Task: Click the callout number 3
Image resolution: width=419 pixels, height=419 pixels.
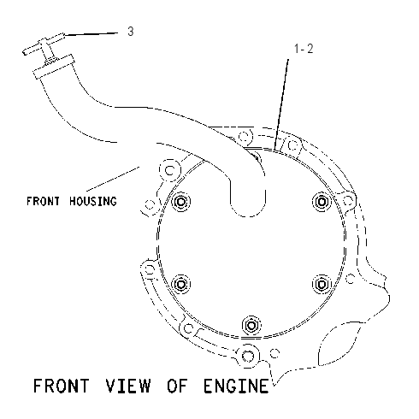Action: click(x=131, y=32)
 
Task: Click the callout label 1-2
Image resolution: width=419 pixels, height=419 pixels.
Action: click(x=304, y=49)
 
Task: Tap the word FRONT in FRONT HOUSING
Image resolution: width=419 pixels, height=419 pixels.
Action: click(x=43, y=201)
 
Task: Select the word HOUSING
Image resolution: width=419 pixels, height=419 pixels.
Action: click(x=93, y=201)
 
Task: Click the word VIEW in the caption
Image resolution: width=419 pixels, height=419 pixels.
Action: click(x=128, y=386)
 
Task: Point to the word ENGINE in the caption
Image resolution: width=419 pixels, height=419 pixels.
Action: click(x=236, y=386)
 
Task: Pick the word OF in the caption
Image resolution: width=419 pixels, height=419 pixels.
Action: click(x=177, y=386)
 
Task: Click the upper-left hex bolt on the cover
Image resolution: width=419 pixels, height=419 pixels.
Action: click(x=181, y=202)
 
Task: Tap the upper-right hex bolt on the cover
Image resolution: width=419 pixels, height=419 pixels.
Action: click(x=322, y=202)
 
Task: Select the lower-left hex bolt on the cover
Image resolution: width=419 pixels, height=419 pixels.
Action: click(x=180, y=284)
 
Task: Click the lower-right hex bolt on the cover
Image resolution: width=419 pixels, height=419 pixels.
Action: click(x=322, y=284)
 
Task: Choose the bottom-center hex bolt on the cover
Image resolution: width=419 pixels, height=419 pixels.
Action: click(x=251, y=325)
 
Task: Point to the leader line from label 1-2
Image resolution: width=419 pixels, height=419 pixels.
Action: click(x=281, y=104)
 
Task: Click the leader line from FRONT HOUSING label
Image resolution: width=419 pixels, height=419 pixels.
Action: click(x=113, y=179)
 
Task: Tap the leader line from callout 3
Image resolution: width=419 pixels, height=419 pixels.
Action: click(x=91, y=34)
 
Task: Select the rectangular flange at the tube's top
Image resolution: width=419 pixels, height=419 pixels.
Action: click(x=54, y=67)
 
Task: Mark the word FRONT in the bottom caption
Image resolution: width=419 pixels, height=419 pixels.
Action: click(x=62, y=386)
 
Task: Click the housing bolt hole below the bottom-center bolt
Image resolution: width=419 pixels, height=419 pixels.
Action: click(x=248, y=356)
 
